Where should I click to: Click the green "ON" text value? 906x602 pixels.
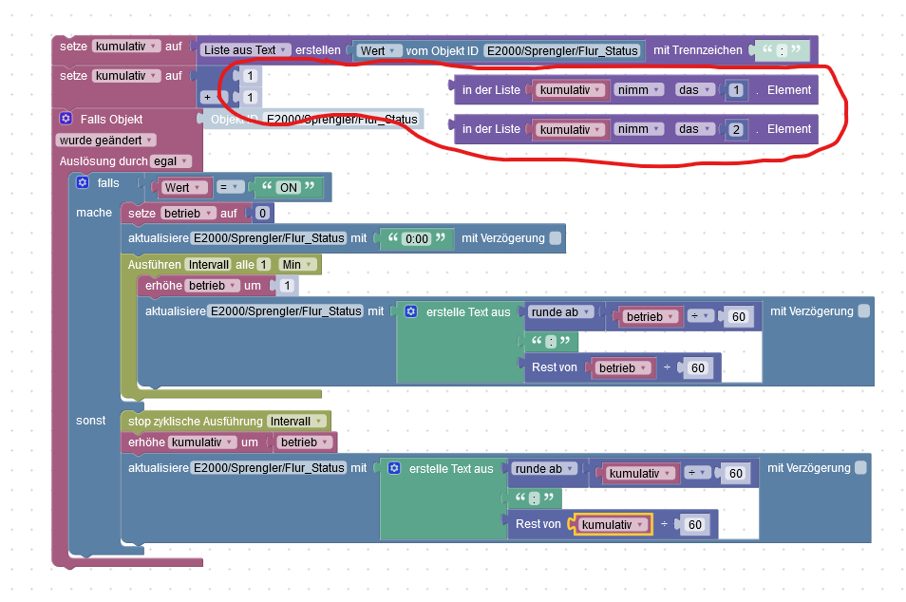289,187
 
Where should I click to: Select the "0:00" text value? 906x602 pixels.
417,238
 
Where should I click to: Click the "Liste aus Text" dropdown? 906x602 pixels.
244,50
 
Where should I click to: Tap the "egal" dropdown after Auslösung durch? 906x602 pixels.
170,161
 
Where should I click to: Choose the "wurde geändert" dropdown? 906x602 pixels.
105,141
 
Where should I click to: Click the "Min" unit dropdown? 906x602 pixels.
297,265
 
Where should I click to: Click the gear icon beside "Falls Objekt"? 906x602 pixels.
66,119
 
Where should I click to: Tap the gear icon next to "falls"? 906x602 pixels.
83,182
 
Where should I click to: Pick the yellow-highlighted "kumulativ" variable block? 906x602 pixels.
613,524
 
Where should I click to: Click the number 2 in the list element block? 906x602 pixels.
736,129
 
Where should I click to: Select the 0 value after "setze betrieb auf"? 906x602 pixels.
262,214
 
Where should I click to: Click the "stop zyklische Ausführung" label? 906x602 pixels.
196,422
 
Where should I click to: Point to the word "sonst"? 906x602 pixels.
91,421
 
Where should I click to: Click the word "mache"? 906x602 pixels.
94,213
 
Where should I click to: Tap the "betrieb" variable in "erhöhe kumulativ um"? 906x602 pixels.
304,442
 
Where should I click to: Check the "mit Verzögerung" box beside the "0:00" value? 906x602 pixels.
556,238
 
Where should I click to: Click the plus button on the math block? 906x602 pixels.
207,97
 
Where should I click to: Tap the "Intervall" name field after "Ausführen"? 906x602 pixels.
209,265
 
